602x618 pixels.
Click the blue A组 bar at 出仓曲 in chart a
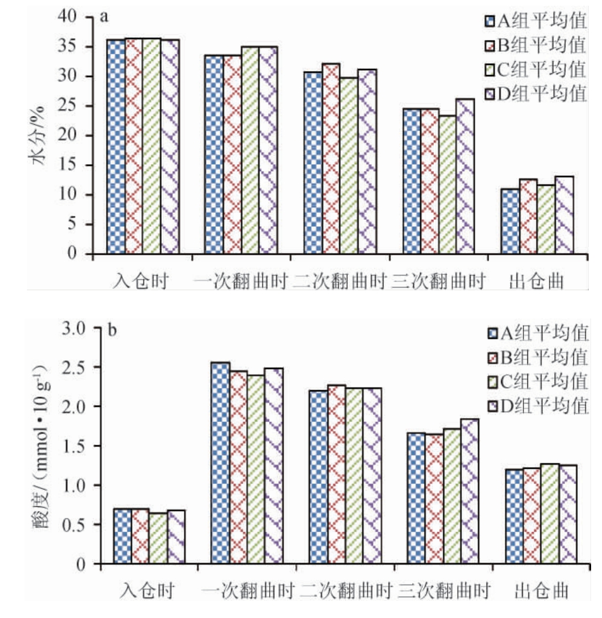tap(510, 221)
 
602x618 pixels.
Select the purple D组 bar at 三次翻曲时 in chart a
tap(465, 176)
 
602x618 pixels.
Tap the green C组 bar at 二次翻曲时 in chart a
tap(348, 166)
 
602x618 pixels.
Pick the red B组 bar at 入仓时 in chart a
tap(134, 146)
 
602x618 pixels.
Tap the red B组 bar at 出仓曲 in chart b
tap(532, 516)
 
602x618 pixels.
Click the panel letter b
tap(113, 331)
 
